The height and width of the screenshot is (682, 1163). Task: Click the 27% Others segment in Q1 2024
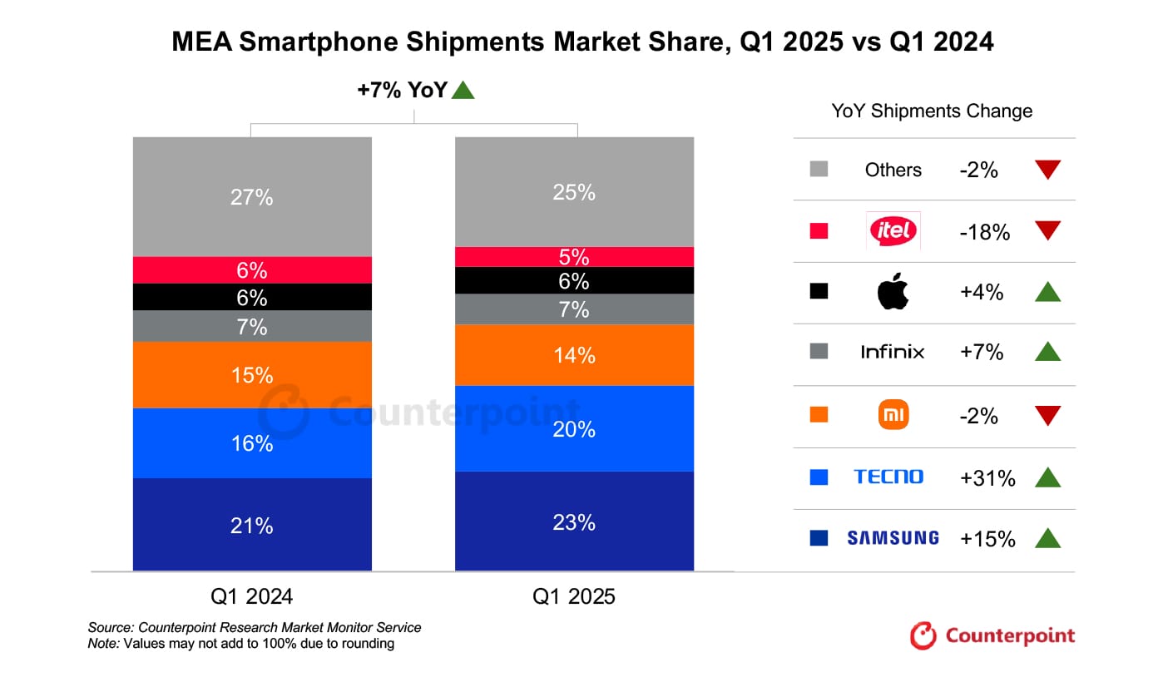coord(252,197)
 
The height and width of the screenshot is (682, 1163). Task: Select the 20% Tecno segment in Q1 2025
coord(574,428)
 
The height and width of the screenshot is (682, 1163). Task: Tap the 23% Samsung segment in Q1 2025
coord(574,521)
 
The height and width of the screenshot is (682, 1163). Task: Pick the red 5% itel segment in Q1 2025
coord(574,257)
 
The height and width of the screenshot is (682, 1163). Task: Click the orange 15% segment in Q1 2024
coord(252,375)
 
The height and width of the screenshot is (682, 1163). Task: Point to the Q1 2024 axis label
coord(251,596)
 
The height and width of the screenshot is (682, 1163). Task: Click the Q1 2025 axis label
coord(574,596)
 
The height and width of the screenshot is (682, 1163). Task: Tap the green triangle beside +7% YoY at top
coord(463,91)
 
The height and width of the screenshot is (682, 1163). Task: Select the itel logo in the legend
coord(893,230)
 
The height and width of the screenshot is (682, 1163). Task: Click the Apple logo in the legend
coord(893,293)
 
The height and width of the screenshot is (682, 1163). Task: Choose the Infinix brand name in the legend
coord(893,353)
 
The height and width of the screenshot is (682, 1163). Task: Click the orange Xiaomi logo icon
coord(893,415)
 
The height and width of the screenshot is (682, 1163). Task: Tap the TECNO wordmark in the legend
coord(888,477)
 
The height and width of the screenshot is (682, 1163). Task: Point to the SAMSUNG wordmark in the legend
coord(893,538)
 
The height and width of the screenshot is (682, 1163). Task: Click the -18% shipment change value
coord(984,233)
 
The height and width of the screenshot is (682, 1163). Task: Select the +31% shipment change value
coord(987,478)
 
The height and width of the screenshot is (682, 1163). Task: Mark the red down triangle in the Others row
coord(1047,170)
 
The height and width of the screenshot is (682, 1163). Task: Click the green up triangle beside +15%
coord(1047,538)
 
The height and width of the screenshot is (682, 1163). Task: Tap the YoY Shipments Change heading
coord(932,111)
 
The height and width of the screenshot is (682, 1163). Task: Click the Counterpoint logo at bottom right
coord(992,636)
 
